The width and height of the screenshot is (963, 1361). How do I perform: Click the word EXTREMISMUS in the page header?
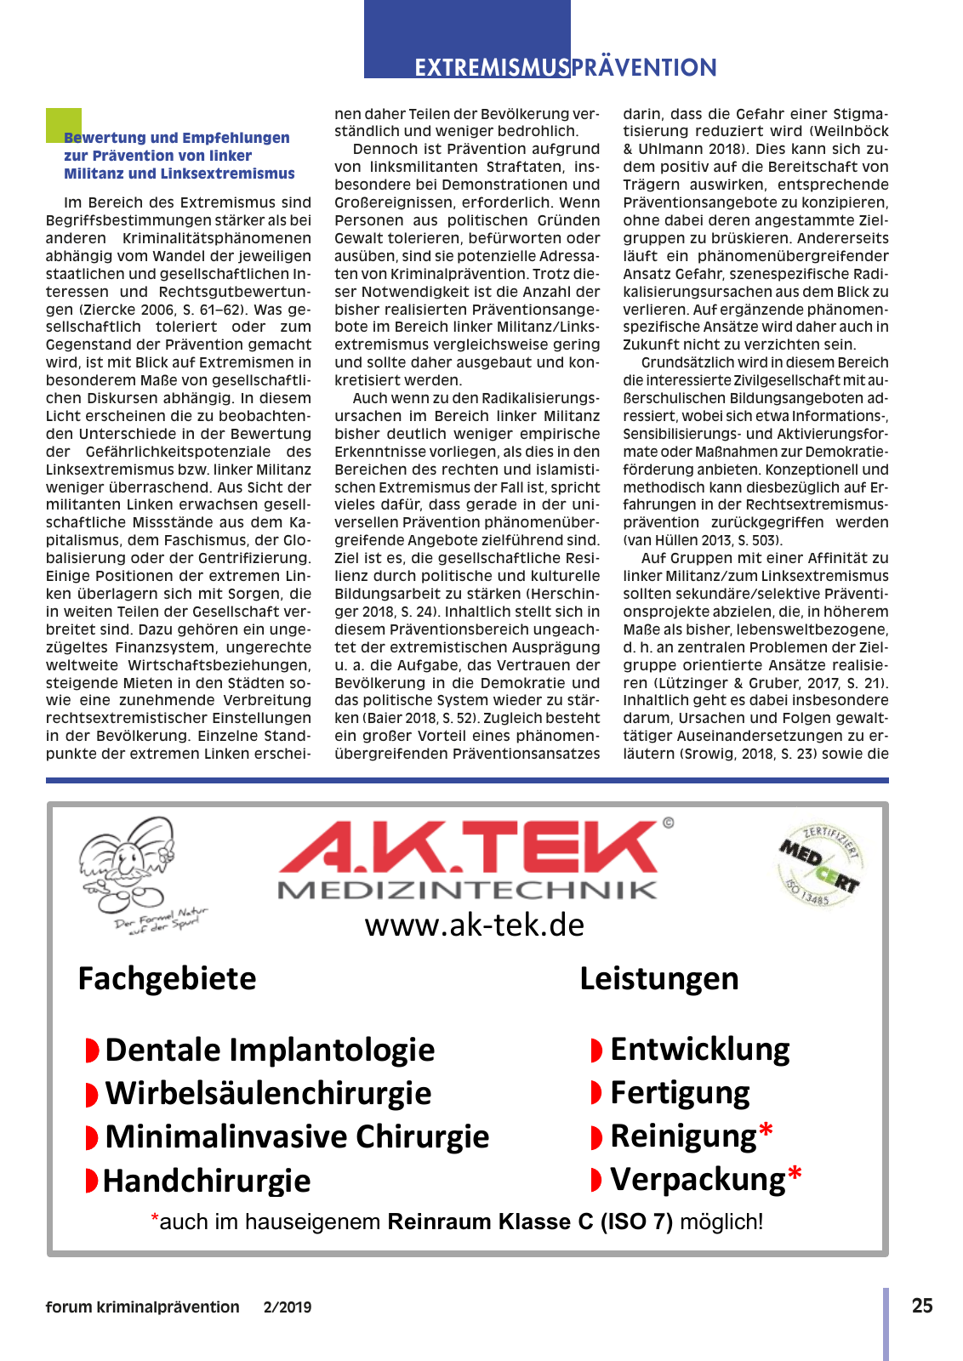[492, 68]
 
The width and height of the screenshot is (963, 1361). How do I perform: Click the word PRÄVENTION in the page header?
[644, 68]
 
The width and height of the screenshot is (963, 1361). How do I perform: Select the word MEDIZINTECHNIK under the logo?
[468, 891]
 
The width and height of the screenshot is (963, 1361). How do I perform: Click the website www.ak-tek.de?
[474, 925]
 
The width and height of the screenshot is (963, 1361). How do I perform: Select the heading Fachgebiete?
[167, 978]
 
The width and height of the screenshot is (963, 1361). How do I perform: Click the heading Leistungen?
[658, 978]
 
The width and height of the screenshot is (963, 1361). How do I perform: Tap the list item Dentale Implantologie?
[269, 1050]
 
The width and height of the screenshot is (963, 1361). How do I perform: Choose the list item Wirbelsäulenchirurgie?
[267, 1093]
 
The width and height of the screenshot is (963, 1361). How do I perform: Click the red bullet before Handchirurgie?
[91, 1181]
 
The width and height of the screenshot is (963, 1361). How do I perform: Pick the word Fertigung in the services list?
[680, 1092]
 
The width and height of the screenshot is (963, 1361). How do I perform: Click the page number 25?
[922, 1306]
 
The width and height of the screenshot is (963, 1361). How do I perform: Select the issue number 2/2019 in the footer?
[288, 1307]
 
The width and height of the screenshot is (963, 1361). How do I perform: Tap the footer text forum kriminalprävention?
[142, 1307]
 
